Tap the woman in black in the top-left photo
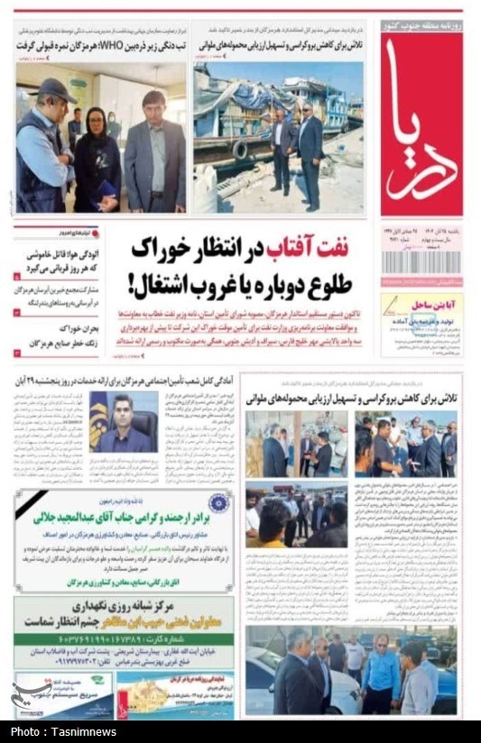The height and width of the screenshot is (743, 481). click(x=97, y=158)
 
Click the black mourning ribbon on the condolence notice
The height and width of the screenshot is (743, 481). click(x=31, y=505)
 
